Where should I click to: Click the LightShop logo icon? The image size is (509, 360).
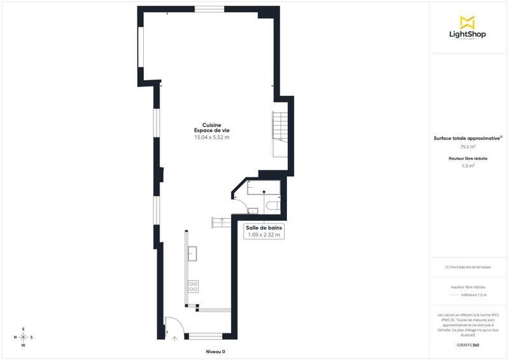(x=468, y=22)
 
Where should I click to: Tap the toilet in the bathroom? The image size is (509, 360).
(x=272, y=206)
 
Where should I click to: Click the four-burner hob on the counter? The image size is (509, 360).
(x=193, y=286)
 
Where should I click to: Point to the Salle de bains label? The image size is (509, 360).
(x=264, y=227)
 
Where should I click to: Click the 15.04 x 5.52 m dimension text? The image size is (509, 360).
(x=211, y=137)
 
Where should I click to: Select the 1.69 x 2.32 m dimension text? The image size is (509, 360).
(x=264, y=235)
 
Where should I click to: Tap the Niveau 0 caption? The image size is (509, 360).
(x=215, y=351)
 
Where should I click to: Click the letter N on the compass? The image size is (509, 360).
(x=15, y=337)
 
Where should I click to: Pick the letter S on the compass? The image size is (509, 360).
(x=32, y=337)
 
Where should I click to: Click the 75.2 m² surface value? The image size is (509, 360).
(x=468, y=146)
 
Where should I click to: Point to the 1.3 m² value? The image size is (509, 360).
(x=468, y=166)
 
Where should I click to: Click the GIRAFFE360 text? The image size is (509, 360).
(x=468, y=344)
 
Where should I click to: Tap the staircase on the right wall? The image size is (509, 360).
(x=279, y=134)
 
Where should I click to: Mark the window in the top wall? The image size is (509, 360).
(x=208, y=9)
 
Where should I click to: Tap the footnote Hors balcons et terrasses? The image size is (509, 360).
(x=468, y=267)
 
